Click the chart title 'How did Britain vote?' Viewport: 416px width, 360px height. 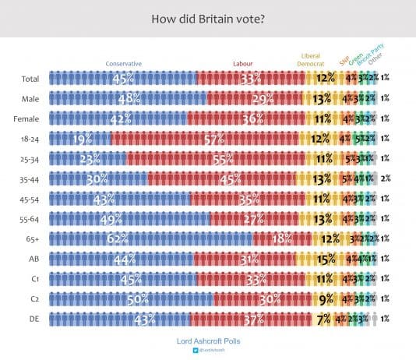(x=207, y=17)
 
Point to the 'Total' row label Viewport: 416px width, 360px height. (x=32, y=78)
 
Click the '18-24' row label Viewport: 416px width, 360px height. (x=31, y=138)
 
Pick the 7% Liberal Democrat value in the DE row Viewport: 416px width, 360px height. (x=322, y=319)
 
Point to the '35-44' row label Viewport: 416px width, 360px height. (x=31, y=178)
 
